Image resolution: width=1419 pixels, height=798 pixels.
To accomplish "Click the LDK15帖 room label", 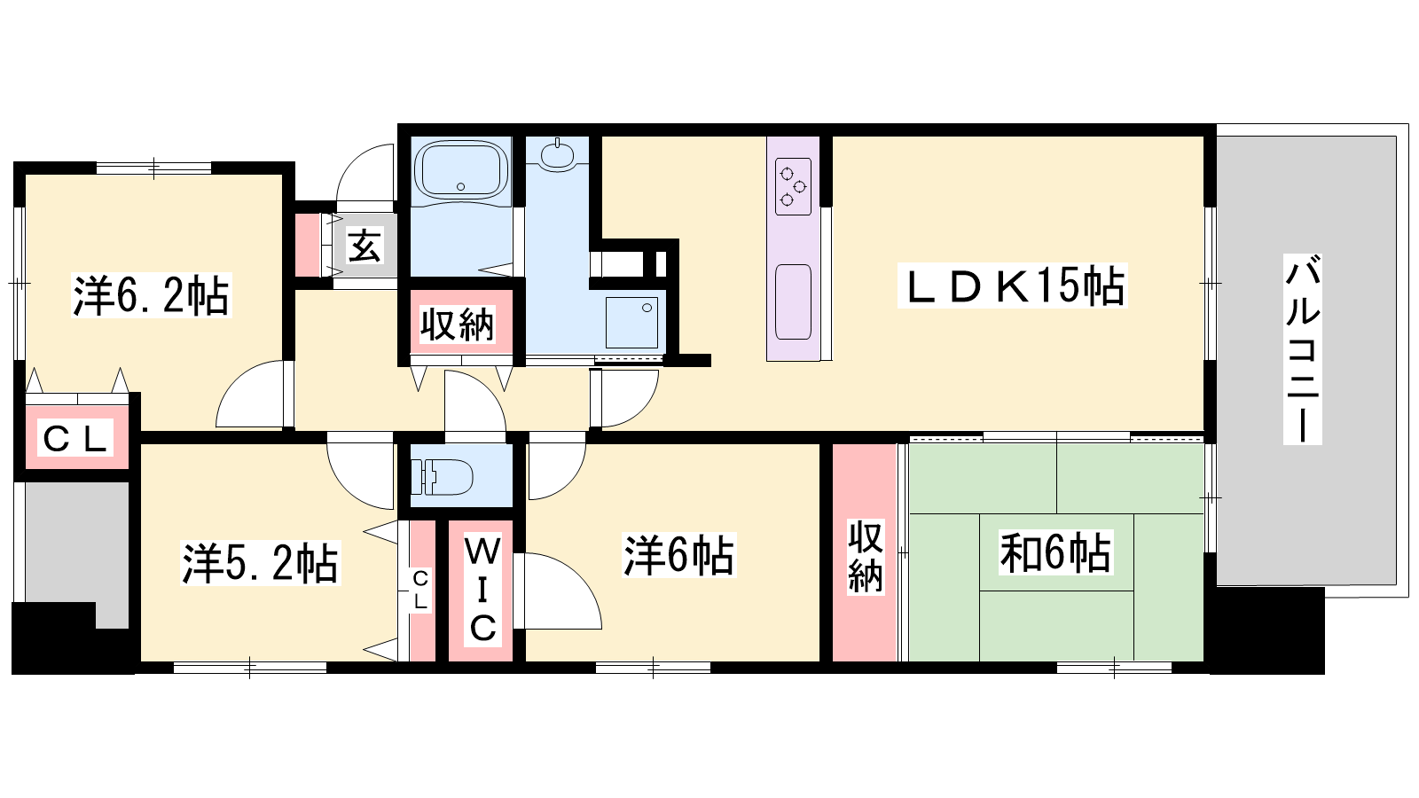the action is pos(1012,286).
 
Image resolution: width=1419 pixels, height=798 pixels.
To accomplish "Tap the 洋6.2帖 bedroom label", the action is pos(152,295).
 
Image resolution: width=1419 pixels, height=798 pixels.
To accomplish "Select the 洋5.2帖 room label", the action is pos(261,562).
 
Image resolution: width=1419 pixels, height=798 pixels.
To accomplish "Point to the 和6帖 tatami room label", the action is pos(1055,553).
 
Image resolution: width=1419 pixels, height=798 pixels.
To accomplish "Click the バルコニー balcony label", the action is pos(1303,349).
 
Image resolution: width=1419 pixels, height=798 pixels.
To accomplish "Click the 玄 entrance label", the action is pos(365,246).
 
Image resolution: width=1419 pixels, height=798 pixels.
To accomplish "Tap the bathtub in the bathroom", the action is pos(461,169).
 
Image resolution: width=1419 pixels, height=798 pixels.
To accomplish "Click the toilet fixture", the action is pos(442,476).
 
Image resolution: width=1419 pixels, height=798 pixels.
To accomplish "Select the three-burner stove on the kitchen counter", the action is pos(793,186).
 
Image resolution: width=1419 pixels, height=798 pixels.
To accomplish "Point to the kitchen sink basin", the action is pos(793,302).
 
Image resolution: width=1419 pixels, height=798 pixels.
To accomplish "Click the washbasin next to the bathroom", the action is pos(558,155).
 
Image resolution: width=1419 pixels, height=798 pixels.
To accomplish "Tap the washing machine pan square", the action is pos(631,323).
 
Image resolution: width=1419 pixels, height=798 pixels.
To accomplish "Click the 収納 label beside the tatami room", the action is pos(866,557).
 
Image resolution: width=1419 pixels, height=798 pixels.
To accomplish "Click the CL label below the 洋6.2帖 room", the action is pos(75,438).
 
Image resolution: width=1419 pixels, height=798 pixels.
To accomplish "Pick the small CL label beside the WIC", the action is pos(420,591).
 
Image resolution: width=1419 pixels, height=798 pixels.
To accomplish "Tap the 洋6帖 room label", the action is pos(679,555).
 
